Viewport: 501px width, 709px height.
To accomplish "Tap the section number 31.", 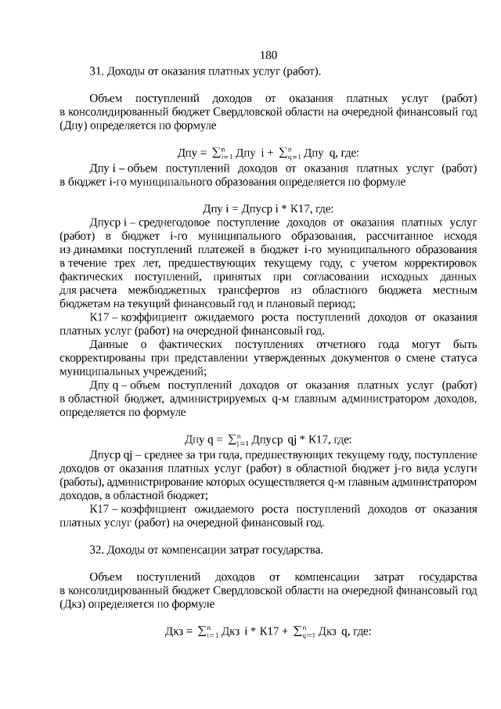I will pos(96,71).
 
